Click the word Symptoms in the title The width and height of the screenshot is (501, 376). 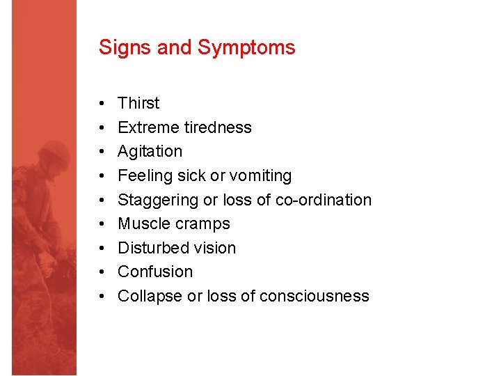point(246,48)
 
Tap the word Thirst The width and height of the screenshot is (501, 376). point(138,103)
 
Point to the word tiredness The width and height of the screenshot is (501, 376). point(218,127)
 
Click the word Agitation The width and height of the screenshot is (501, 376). point(150,152)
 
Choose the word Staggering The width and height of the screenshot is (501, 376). point(158,201)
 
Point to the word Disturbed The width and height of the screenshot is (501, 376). point(154,248)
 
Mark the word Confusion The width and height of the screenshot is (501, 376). point(154,272)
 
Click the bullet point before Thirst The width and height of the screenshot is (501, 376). point(102,104)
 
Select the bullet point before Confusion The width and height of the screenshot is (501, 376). point(102,272)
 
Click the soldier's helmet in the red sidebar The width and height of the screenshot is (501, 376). point(54,152)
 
